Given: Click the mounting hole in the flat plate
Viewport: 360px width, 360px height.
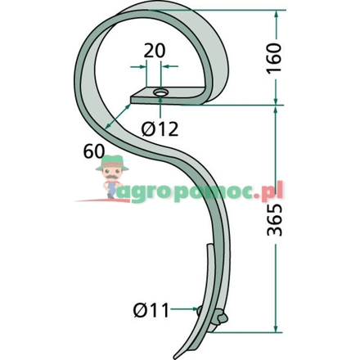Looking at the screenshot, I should pyautogui.click(x=160, y=92).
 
